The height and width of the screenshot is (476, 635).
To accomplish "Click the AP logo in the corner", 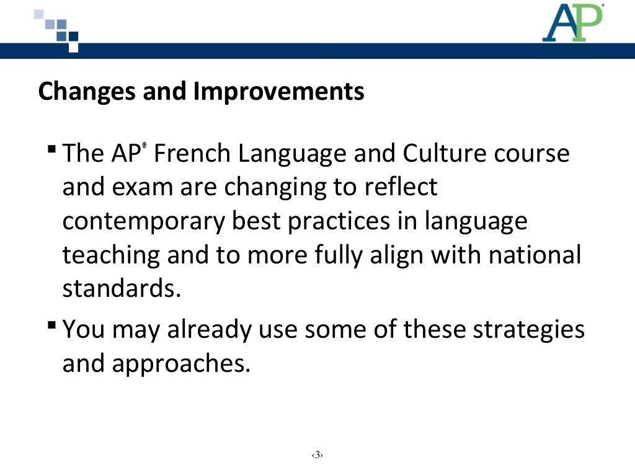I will [x=572, y=23].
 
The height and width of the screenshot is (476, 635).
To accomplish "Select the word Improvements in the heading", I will [x=278, y=92].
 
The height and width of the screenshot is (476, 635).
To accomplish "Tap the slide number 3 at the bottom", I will [x=317, y=456].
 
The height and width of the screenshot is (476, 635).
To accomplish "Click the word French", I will [x=192, y=153].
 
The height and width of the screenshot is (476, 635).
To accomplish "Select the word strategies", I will [x=529, y=329].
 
